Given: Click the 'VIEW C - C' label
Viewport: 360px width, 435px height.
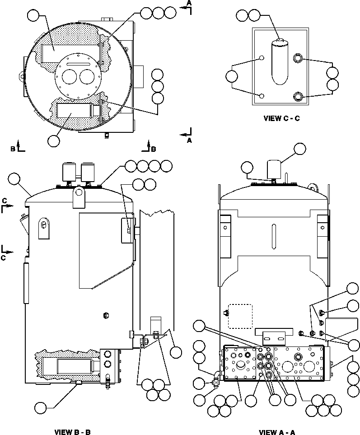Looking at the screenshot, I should (x=282, y=119).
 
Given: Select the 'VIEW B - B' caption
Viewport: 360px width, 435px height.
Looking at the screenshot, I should (x=73, y=432).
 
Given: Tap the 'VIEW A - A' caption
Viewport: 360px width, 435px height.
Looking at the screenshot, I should (x=277, y=432).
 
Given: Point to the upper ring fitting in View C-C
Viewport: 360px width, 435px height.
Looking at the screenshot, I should (x=298, y=58).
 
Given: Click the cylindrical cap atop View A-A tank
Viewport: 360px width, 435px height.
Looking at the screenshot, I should (x=274, y=169).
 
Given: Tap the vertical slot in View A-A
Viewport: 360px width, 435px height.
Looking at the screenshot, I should (x=273, y=235).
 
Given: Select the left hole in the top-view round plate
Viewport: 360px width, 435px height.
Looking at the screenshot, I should (x=70, y=78).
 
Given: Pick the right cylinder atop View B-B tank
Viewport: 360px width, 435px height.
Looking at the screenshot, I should (x=87, y=172).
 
